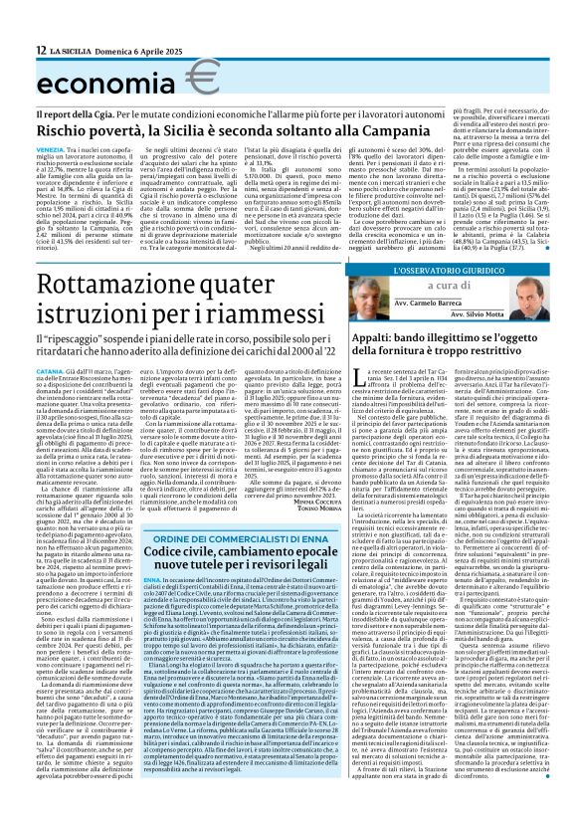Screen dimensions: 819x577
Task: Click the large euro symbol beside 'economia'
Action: pos(203,76)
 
